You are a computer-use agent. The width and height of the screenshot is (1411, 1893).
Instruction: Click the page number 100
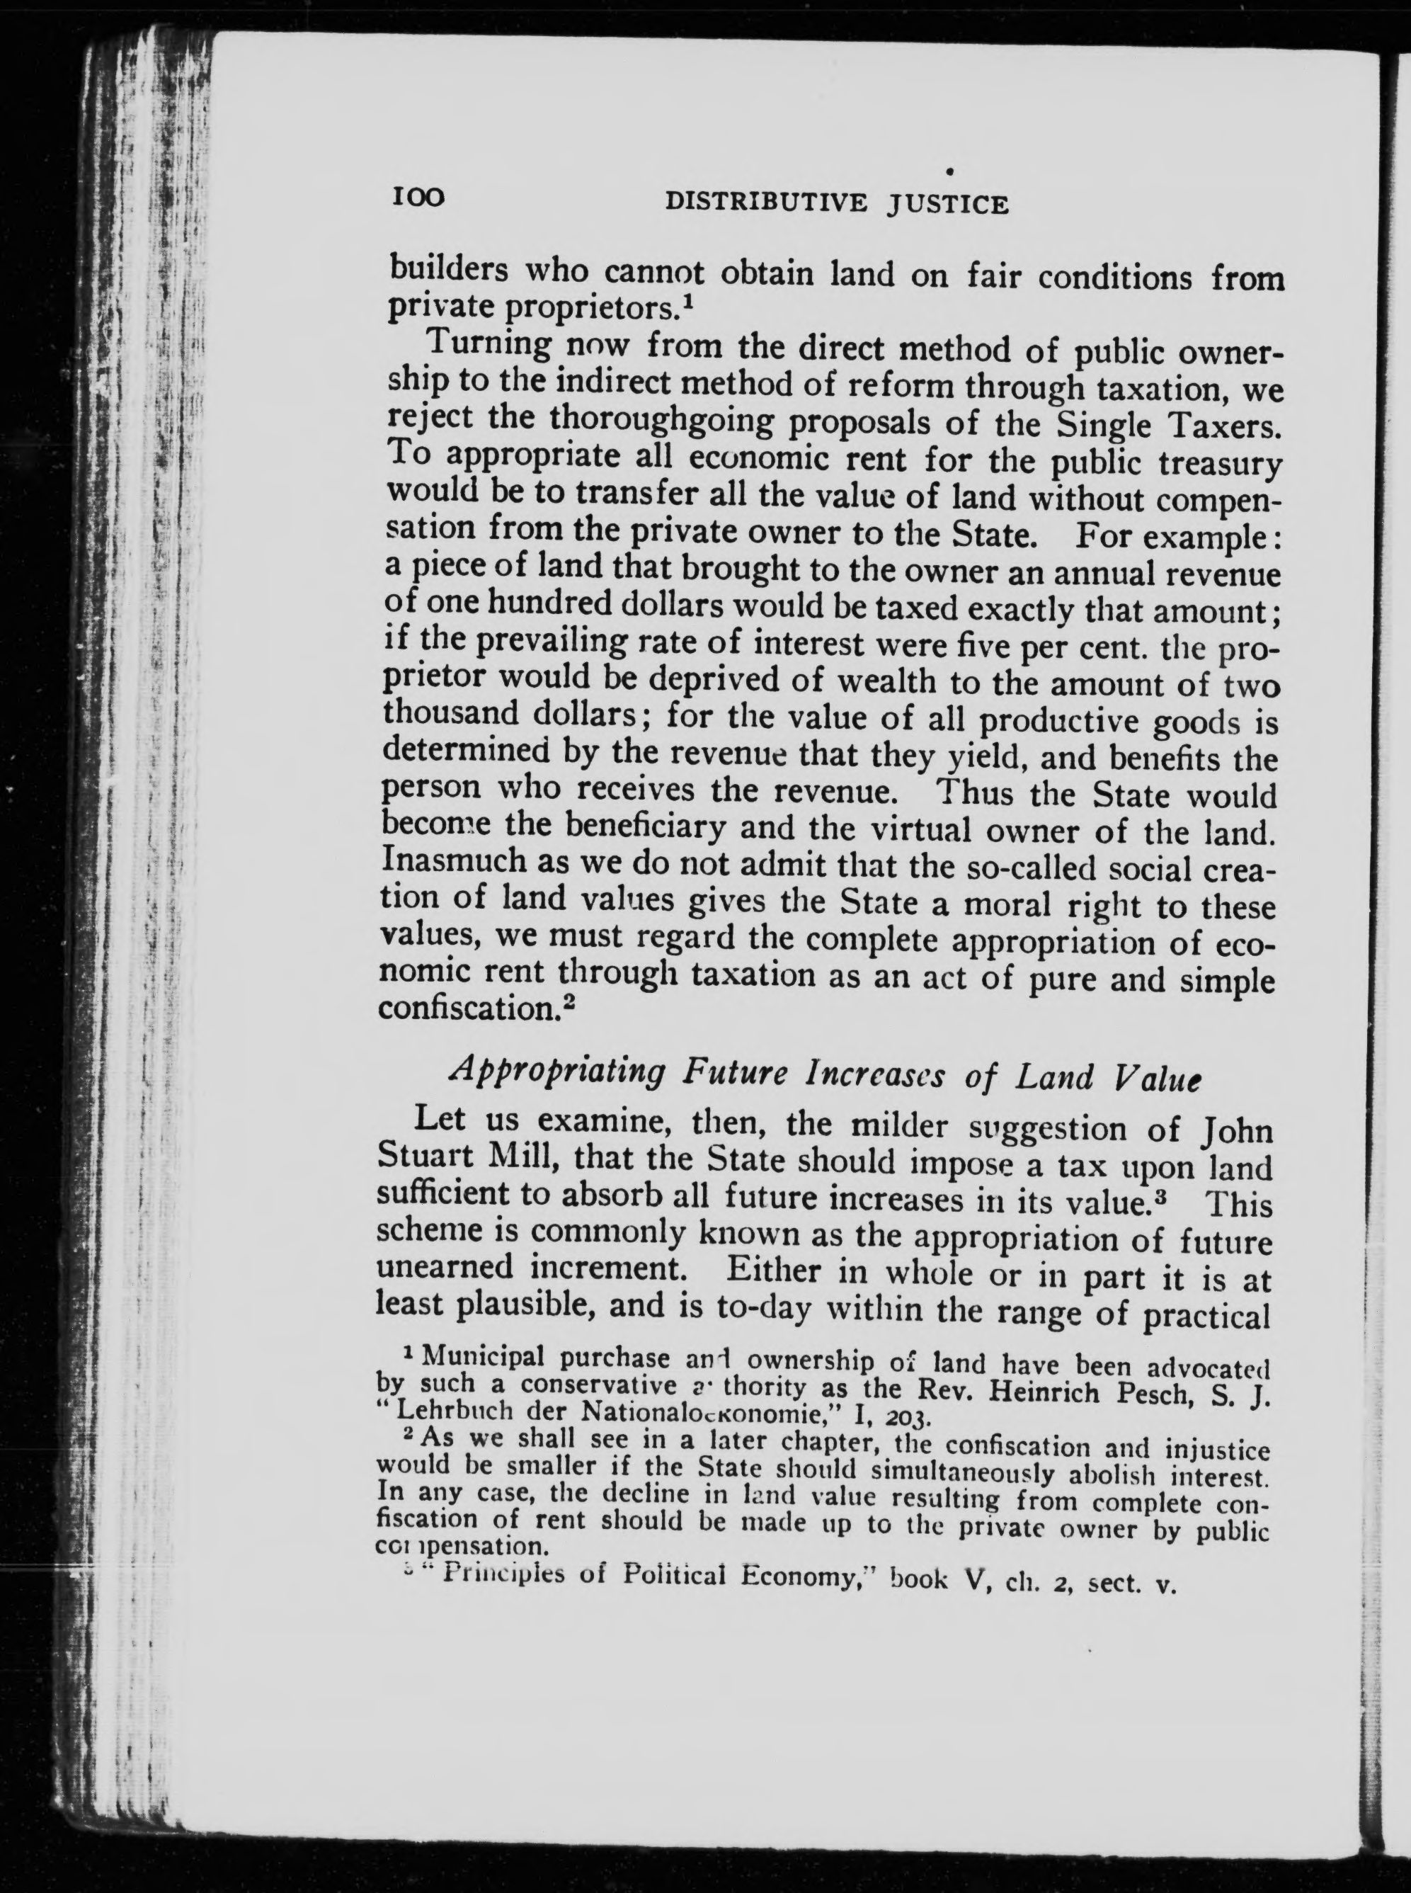[x=418, y=198]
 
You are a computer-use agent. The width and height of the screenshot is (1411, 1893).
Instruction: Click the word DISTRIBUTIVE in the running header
[x=765, y=203]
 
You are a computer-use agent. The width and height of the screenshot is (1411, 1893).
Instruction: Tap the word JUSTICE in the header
[x=947, y=205]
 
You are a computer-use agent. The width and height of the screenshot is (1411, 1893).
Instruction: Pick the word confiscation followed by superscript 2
[x=468, y=1009]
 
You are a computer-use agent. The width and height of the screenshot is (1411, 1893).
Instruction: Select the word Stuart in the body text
[x=430, y=1157]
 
